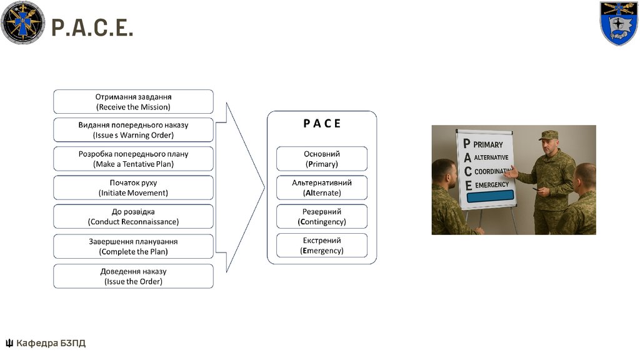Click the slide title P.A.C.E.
point(92,27)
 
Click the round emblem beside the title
point(23,23)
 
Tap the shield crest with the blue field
point(618,23)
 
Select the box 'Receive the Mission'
point(133,102)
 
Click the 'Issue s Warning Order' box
point(133,130)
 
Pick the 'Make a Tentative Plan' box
point(133,159)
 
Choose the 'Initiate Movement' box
point(133,187)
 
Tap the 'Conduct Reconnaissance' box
point(133,216)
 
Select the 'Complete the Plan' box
point(133,246)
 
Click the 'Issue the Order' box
point(133,276)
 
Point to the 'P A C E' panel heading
point(322,124)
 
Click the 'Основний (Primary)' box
point(322,159)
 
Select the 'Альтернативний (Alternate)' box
point(322,187)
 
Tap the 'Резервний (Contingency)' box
point(322,216)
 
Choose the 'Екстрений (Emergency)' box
point(322,245)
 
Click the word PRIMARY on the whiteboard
point(488,144)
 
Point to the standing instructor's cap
point(549,135)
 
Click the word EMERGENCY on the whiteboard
point(492,185)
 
